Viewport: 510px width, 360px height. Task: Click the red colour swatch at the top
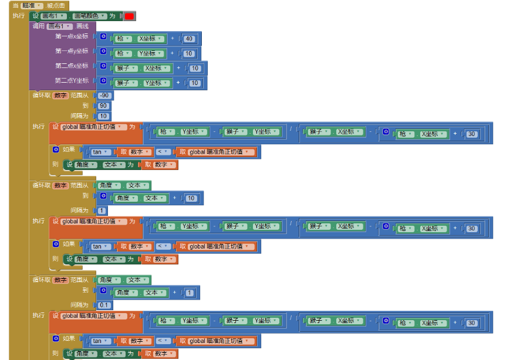point(129,16)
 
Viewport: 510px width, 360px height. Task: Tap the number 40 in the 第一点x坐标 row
point(188,39)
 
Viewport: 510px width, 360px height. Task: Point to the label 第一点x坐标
point(72,36)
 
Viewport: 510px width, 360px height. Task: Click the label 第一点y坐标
point(72,51)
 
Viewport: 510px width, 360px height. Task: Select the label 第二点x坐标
point(72,66)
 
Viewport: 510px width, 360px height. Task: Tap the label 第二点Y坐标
point(72,80)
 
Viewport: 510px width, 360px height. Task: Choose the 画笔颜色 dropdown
point(89,16)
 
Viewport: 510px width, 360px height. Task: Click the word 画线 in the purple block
point(82,26)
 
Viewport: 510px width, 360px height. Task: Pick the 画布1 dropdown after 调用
point(60,26)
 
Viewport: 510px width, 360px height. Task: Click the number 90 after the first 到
point(103,106)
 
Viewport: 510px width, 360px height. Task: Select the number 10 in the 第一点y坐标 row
point(188,53)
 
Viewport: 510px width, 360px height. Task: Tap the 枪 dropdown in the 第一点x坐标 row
point(123,39)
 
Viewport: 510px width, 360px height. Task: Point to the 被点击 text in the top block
point(57,5)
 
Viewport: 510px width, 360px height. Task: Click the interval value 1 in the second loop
point(102,210)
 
